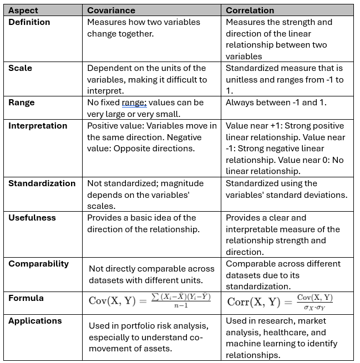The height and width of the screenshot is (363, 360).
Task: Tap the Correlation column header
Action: pyautogui.click(x=250, y=10)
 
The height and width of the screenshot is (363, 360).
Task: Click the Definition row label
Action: pyautogui.click(x=29, y=22)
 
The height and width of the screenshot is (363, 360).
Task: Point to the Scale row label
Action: pyautogui.click(x=20, y=68)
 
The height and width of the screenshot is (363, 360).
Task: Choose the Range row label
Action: pyautogui.click(x=22, y=103)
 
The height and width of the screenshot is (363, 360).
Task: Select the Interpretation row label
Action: pyautogui.click(x=37, y=126)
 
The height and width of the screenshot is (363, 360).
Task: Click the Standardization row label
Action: pyautogui.click(x=42, y=183)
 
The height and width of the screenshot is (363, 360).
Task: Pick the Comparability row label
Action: pyautogui.click(x=38, y=264)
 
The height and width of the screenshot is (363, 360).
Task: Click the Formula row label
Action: pyautogui.click(x=26, y=298)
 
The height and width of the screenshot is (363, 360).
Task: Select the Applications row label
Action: pyautogui.click(x=35, y=321)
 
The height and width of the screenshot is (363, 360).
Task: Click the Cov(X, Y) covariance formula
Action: pyautogui.click(x=149, y=301)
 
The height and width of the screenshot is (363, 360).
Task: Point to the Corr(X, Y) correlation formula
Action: pyautogui.click(x=281, y=301)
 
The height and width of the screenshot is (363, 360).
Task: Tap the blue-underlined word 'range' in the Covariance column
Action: pyautogui.click(x=134, y=103)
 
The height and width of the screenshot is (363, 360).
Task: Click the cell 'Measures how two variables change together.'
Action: pyautogui.click(x=143, y=28)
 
